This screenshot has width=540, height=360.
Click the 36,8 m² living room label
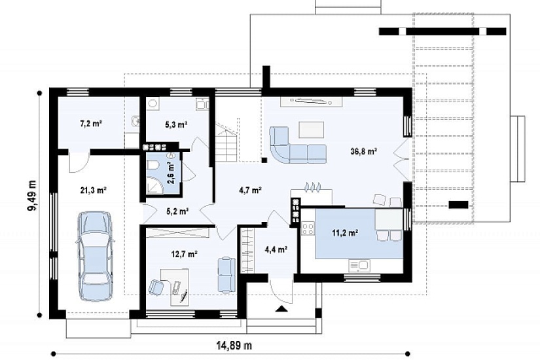(x=364, y=151)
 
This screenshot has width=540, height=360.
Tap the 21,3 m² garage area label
(x=93, y=190)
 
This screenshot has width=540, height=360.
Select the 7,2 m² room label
(x=91, y=123)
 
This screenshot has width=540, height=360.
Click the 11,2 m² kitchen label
(x=345, y=233)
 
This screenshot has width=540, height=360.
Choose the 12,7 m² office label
(x=184, y=254)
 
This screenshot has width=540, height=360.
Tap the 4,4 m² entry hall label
(x=276, y=249)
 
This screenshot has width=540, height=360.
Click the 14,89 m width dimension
(x=234, y=345)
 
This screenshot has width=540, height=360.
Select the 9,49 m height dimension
(x=33, y=195)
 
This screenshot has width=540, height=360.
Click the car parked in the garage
(x=95, y=256)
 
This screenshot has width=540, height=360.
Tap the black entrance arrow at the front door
(x=281, y=309)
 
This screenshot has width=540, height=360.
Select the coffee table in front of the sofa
(x=312, y=130)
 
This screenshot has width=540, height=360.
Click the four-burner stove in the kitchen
(x=308, y=228)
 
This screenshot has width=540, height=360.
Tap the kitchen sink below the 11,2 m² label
(x=359, y=265)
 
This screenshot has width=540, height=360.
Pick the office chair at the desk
(x=156, y=287)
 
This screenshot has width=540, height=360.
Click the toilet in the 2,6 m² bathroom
(x=152, y=166)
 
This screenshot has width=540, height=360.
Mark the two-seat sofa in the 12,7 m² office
(x=226, y=275)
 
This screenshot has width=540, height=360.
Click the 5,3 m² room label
(x=176, y=124)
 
